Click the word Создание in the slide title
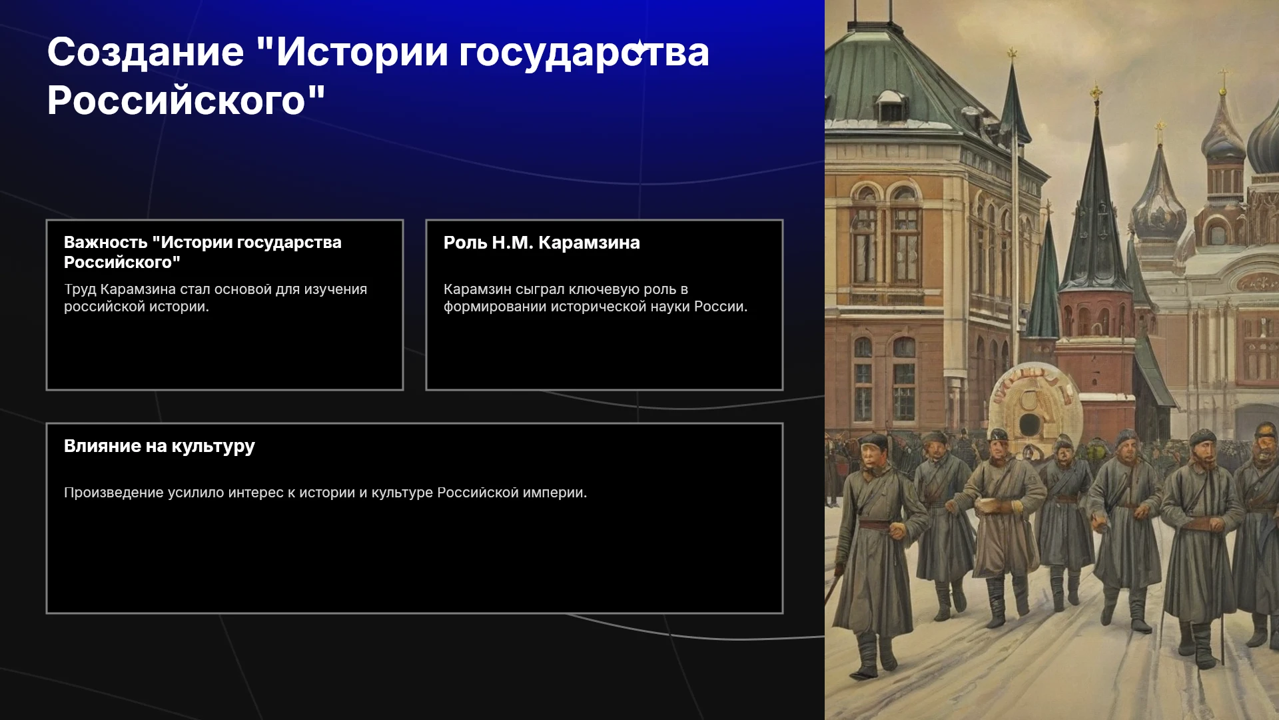[x=145, y=52]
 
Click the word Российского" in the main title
[x=187, y=101]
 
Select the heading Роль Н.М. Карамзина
[x=542, y=243]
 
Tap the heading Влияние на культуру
[x=159, y=447]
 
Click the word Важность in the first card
[x=105, y=243]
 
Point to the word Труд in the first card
[x=80, y=290]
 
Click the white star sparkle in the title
[x=639, y=48]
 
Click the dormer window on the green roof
[x=891, y=106]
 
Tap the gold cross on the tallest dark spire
[x=1096, y=91]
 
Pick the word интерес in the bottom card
[x=256, y=493]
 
